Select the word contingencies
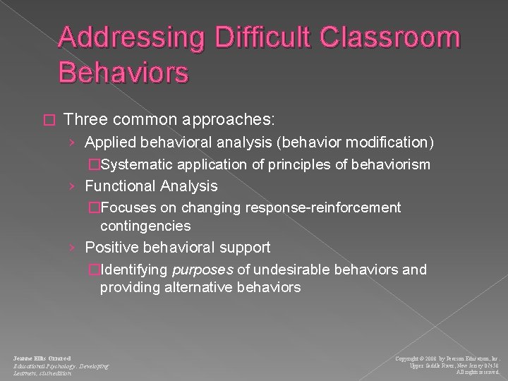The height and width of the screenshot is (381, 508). (145, 226)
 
